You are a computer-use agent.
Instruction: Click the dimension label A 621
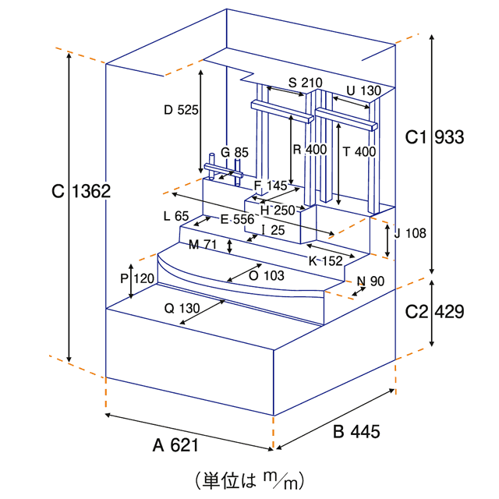176,445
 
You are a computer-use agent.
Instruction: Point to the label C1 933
435,137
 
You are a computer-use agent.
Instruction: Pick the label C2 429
435,311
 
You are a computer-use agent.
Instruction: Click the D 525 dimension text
181,110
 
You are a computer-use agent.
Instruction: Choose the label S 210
305,83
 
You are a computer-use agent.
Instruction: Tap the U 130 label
363,90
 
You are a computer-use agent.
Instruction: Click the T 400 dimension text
359,152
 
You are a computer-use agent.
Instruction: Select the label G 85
234,152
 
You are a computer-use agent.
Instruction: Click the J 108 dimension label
408,232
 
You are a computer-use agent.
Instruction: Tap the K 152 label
325,260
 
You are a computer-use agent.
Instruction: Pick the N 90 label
372,281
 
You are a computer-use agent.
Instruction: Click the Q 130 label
182,308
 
